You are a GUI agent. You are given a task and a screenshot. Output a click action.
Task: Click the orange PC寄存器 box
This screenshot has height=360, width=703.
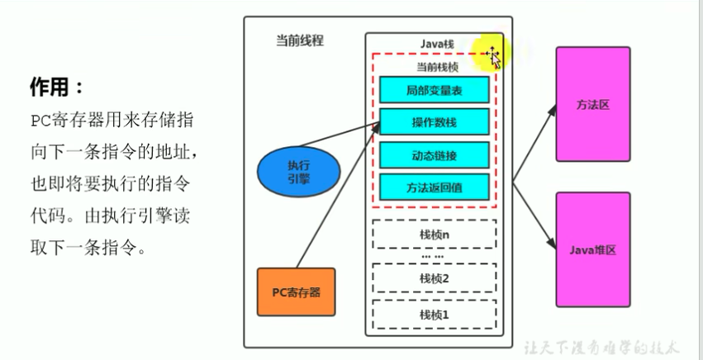point(296,291)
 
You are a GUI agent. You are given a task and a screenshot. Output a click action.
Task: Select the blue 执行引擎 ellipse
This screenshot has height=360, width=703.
point(298,172)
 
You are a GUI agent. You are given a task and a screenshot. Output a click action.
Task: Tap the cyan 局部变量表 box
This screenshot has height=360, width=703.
point(434,90)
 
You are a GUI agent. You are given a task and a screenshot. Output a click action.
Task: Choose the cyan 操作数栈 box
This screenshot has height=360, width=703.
point(434,121)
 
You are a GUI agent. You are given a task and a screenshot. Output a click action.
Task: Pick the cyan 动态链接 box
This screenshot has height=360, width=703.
point(434,155)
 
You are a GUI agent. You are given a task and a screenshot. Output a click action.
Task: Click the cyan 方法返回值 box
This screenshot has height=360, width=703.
point(434,187)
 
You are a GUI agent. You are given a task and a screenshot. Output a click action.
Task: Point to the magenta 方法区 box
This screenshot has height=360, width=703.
point(593,104)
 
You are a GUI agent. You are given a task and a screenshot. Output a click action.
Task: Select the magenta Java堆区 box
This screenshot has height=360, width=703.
point(593,249)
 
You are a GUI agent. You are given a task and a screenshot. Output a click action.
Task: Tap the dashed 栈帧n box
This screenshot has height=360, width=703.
point(434,234)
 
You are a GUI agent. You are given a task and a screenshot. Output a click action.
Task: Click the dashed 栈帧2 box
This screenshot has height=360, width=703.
point(434,278)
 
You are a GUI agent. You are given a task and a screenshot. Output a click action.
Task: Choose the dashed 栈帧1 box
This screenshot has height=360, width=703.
point(434,315)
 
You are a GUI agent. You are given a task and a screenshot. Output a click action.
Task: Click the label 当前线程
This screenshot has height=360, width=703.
point(300,41)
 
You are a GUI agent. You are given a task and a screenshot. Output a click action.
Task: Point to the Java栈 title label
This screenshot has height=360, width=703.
point(437,44)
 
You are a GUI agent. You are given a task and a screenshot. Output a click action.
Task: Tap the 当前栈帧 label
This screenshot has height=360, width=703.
point(437,67)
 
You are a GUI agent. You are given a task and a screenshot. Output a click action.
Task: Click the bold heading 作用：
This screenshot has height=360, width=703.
point(57,87)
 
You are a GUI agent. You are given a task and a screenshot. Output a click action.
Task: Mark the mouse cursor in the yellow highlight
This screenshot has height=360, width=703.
point(493,58)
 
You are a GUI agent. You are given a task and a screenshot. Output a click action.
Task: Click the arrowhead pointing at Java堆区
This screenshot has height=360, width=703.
point(553,244)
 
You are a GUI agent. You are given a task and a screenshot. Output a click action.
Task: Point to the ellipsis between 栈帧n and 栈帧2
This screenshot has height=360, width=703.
point(433,256)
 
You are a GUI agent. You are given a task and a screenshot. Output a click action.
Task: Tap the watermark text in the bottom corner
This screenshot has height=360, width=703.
point(602,348)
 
